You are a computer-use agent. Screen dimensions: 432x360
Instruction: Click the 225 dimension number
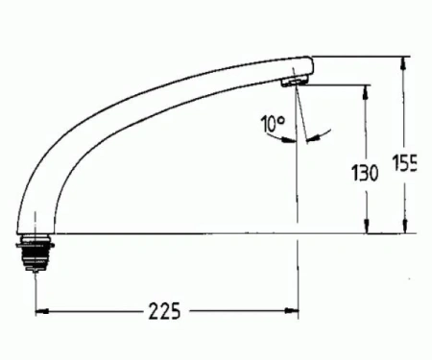pos(164,311)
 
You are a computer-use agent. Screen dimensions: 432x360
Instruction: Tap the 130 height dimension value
pos(365,173)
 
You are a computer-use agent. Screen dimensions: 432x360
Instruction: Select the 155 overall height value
pos(404,163)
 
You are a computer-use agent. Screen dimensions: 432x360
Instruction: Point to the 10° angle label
pos(273,124)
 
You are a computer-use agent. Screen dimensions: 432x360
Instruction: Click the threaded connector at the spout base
pos(36,252)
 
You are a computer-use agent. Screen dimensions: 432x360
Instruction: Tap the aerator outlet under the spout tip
pos(294,83)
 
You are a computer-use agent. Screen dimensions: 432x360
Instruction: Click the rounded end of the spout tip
pos(310,66)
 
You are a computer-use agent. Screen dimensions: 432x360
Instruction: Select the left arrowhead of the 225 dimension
pos(42,311)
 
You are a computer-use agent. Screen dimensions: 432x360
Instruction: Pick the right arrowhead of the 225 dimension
pos(292,310)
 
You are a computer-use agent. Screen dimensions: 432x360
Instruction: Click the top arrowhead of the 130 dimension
pos(367,92)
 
